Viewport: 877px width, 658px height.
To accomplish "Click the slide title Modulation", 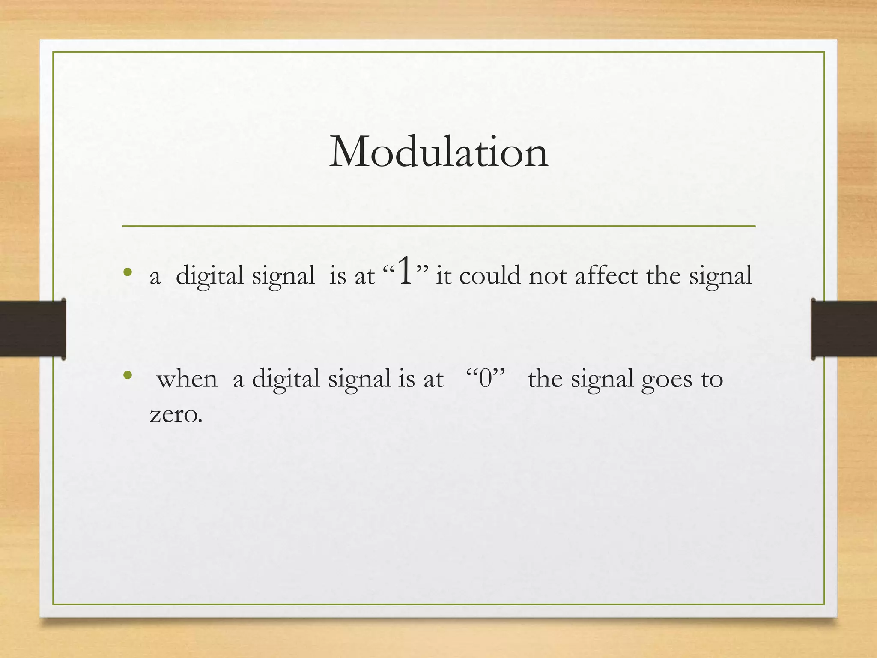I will [438, 152].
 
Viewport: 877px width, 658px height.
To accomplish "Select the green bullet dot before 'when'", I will [127, 376].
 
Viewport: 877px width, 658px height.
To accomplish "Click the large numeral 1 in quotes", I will [405, 272].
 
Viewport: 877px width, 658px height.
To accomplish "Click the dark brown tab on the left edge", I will [33, 329].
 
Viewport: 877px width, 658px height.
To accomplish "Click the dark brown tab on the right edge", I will [844, 329].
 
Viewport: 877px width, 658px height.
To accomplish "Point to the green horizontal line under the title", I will [438, 225].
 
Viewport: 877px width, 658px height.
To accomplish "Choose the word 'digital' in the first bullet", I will [209, 276].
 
